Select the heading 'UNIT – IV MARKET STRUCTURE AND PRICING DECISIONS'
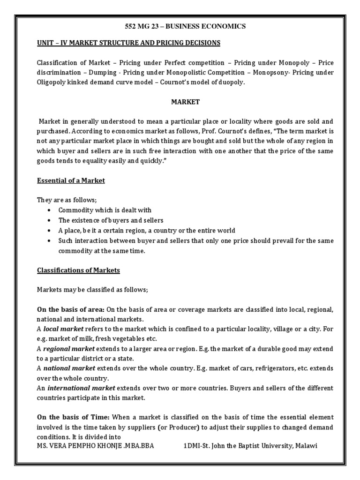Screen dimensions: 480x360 pos(128,43)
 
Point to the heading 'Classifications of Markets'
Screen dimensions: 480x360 pos(78,270)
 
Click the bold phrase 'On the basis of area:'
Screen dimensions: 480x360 pos(71,310)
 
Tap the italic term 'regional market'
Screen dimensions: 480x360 pos(69,349)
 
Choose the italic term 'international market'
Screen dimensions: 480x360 pos(81,388)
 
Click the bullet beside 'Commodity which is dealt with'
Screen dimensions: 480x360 pos(49,210)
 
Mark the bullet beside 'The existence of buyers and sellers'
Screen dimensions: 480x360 pos(49,220)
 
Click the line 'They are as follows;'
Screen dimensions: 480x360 pos(67,200)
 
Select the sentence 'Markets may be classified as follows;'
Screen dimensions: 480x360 pos(92,290)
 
